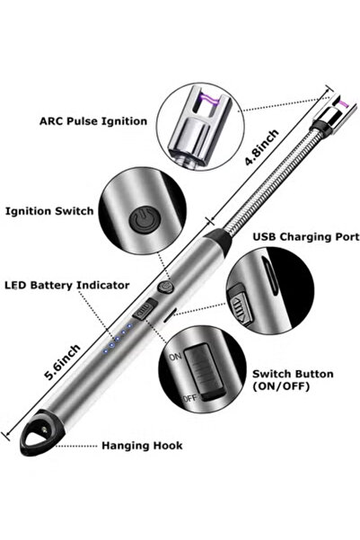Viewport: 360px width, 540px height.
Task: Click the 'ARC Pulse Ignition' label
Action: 94,120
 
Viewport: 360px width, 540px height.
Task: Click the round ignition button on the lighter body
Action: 164,288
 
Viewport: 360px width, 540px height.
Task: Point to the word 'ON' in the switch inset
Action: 177,357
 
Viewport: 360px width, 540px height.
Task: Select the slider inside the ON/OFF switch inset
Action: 208,377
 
